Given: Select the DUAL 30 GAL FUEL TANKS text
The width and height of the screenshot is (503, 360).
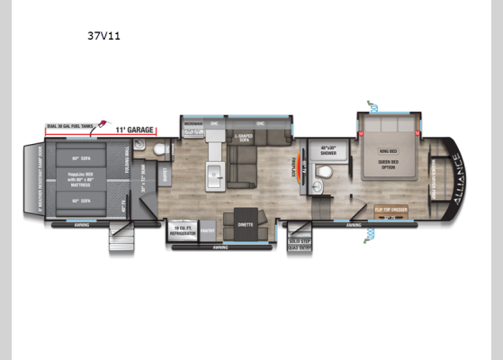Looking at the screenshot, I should [71, 126].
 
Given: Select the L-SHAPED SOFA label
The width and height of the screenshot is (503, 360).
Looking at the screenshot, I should [245, 139].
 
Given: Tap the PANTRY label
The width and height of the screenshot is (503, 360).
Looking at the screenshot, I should [206, 231].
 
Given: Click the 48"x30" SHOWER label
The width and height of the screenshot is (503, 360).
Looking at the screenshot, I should [328, 152].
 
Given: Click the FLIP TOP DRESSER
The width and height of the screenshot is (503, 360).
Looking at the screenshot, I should [388, 209].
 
